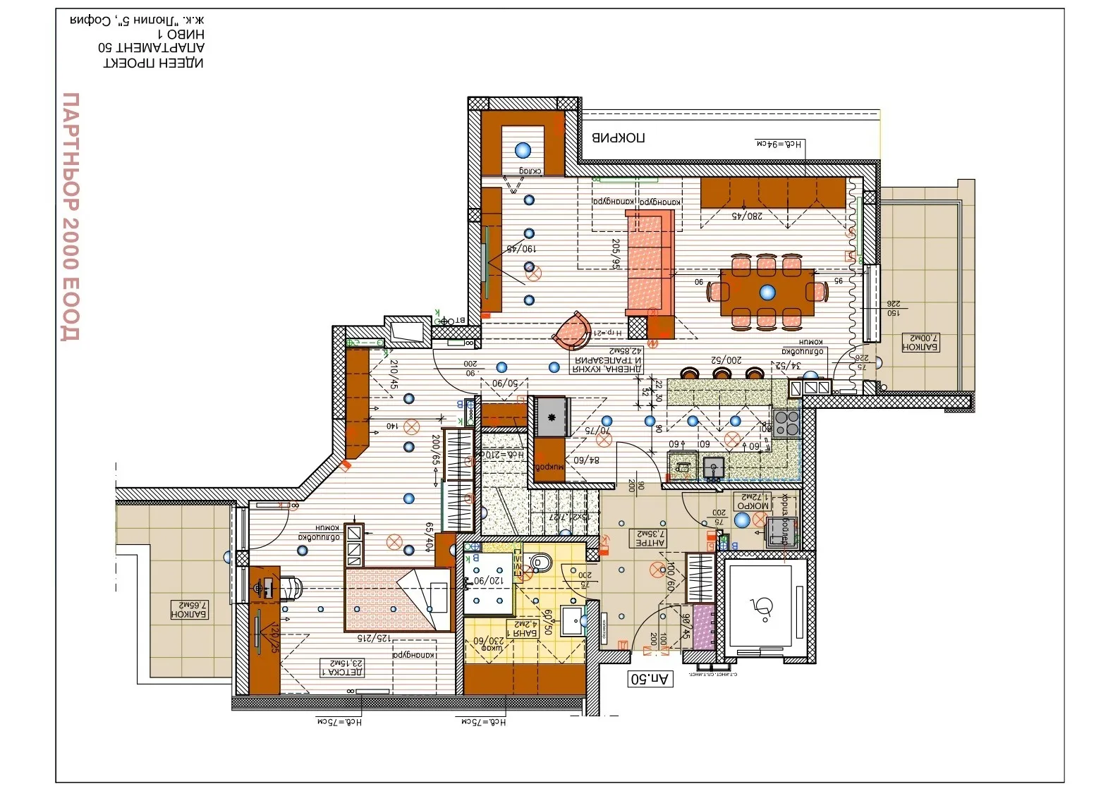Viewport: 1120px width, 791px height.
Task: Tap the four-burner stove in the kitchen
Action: (x=786, y=423)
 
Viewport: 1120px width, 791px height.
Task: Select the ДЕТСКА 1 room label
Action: (x=342, y=667)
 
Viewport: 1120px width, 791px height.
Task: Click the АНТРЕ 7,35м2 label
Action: (x=650, y=539)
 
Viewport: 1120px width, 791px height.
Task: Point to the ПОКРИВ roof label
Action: (x=618, y=137)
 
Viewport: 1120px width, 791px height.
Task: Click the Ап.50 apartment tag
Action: (x=650, y=679)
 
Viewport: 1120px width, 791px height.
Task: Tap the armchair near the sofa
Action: (x=572, y=331)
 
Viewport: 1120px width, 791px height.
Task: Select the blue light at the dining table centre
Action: (x=767, y=292)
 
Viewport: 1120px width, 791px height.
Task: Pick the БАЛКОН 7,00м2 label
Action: (x=920, y=343)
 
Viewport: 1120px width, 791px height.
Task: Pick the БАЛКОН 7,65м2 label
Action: (x=190, y=610)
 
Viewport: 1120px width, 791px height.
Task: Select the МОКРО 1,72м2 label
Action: (x=753, y=501)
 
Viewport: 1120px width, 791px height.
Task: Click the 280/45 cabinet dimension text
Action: (x=746, y=216)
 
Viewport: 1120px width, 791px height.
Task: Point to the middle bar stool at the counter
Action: (x=721, y=373)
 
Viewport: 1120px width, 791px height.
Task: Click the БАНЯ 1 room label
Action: (x=525, y=628)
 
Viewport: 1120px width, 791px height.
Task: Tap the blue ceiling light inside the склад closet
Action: (x=523, y=149)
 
